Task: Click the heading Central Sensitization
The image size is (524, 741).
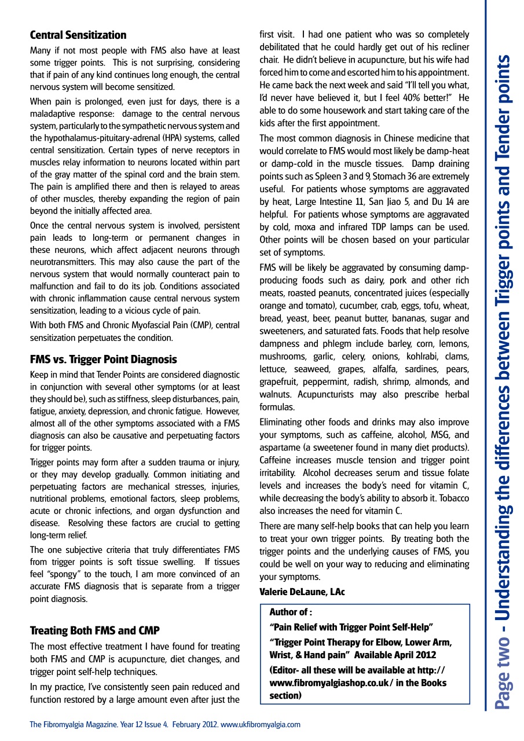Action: (x=78, y=35)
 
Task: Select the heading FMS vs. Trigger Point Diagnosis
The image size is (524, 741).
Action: (x=103, y=360)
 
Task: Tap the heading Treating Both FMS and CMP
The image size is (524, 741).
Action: (x=94, y=630)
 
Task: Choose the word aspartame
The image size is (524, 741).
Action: (x=282, y=447)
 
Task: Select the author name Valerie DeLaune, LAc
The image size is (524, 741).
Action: (x=302, y=592)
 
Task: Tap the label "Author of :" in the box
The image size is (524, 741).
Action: (x=291, y=612)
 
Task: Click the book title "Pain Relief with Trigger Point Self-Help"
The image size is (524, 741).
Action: (x=351, y=628)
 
